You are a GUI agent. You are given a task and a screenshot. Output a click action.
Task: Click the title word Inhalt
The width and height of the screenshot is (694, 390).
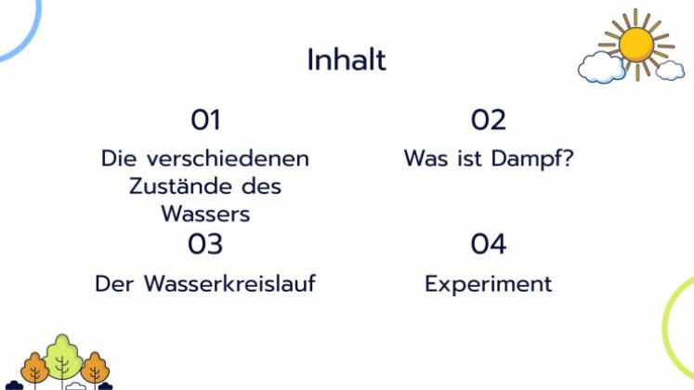(x=347, y=60)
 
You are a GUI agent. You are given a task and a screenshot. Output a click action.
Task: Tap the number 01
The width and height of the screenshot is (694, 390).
(x=205, y=120)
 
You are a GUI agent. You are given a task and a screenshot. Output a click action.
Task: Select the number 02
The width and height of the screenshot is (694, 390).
(x=489, y=120)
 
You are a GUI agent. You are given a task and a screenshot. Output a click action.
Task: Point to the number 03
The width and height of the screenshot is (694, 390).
(x=205, y=244)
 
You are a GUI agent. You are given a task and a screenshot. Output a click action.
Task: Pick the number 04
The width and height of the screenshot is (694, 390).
(x=489, y=244)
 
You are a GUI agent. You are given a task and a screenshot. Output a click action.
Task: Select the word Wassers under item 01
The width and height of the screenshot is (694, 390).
(x=205, y=214)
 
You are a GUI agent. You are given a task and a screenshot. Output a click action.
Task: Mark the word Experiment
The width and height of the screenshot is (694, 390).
(x=489, y=284)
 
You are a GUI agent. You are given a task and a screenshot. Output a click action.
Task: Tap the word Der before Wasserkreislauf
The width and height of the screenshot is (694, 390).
(x=115, y=283)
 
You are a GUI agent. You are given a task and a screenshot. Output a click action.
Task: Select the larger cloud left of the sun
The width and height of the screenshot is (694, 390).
(x=601, y=66)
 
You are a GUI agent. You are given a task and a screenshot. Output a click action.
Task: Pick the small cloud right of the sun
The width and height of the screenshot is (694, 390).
(x=670, y=70)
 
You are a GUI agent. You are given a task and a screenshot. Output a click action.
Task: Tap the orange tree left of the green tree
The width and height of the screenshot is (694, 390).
(x=34, y=368)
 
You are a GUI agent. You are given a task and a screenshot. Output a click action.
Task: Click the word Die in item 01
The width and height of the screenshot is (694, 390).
(x=118, y=158)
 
